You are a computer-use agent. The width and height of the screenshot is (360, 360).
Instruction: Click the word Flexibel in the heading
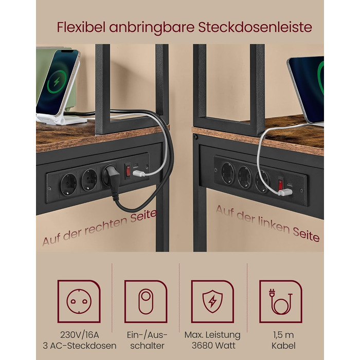pos(81,27)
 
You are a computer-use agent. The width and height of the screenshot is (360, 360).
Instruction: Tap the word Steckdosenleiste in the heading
pos(255,27)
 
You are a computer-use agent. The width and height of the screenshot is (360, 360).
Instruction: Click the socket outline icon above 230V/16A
pos(79,301)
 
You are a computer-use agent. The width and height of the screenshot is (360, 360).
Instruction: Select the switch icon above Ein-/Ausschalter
pos(146,301)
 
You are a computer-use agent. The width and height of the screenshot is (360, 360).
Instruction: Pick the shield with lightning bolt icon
pos(212,301)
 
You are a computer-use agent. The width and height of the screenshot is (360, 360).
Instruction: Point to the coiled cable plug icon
pos(281,301)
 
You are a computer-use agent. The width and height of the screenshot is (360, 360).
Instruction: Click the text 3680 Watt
pos(213,346)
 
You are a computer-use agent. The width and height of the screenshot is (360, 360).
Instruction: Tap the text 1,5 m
pos(283,335)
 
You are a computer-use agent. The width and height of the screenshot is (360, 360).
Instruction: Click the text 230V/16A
pos(79,335)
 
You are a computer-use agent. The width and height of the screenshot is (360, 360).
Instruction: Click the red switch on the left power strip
pos(128,171)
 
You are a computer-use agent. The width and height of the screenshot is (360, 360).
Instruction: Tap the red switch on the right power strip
pos(280,184)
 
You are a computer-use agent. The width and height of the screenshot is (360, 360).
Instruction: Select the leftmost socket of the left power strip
pos(68,184)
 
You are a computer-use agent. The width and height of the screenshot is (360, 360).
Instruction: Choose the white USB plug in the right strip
pos(285,192)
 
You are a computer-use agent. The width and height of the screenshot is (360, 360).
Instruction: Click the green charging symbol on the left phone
pos(57,82)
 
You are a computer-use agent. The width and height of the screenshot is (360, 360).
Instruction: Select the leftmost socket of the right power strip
pos(228,173)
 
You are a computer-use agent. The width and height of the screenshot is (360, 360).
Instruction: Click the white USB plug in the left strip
pos(139,173)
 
